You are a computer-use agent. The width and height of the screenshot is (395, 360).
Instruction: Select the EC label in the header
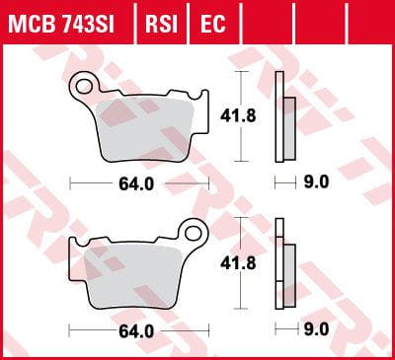coord(211,21)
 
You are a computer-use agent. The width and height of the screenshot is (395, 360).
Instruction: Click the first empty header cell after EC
coord(253,21)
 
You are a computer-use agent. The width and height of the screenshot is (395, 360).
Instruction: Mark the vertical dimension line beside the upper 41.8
coord(242,116)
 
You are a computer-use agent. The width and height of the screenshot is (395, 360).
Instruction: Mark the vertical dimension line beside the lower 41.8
coord(242,264)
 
